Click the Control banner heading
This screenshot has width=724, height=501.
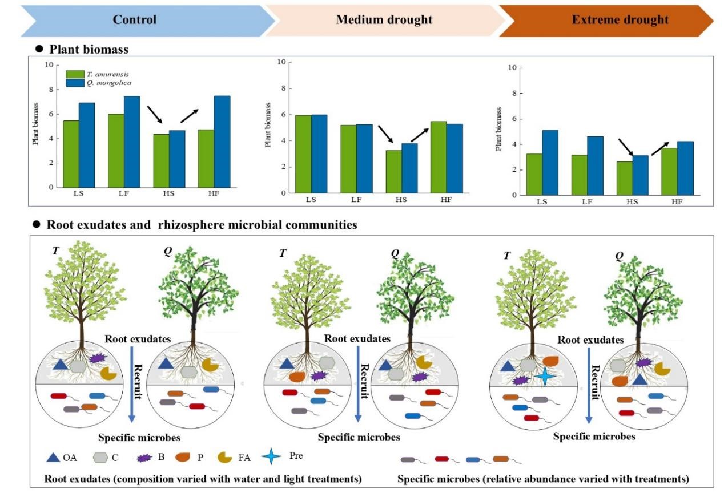pyautogui.click(x=134, y=19)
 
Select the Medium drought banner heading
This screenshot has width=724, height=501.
pyautogui.click(x=384, y=19)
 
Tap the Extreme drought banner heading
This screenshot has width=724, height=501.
pyautogui.click(x=620, y=19)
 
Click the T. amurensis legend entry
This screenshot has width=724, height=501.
pyautogui.click(x=94, y=74)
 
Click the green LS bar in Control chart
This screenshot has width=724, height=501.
pyautogui.click(x=71, y=153)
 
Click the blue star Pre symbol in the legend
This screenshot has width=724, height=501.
pyautogui.click(x=271, y=456)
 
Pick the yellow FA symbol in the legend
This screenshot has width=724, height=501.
pyautogui.click(x=225, y=457)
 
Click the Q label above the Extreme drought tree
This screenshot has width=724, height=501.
pyautogui.click(x=619, y=256)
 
